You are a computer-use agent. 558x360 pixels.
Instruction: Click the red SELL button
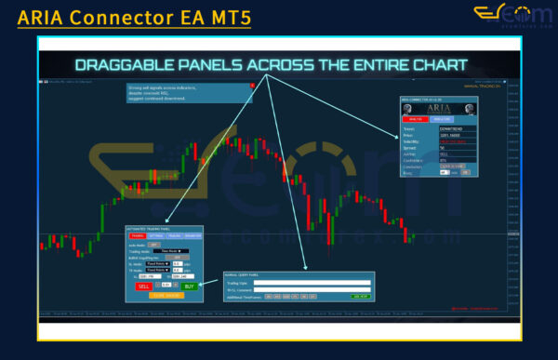(x=144, y=285)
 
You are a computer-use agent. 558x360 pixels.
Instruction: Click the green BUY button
(x=190, y=285)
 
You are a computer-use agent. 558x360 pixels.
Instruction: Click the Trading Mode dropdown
(x=169, y=250)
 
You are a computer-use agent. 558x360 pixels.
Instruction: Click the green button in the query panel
(x=362, y=296)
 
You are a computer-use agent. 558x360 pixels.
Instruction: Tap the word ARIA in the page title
(x=42, y=16)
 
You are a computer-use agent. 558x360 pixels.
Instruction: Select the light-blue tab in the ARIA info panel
(x=441, y=119)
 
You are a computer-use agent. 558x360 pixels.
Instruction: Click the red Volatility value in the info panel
(x=451, y=141)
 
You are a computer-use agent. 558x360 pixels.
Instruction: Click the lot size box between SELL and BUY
(x=167, y=285)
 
